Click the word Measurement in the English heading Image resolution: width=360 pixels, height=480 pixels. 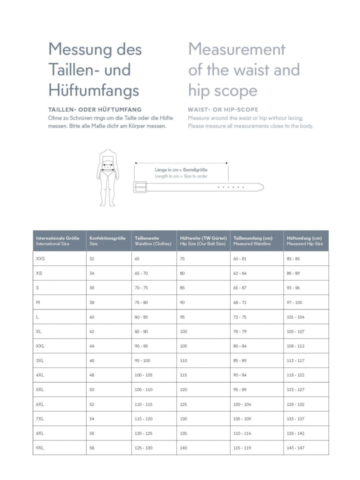pos(236,49)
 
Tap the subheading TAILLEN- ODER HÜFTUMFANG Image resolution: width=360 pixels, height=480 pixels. pos(95,109)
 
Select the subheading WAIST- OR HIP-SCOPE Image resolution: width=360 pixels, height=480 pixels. pos(223,109)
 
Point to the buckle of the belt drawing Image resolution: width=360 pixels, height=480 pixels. pos(139,187)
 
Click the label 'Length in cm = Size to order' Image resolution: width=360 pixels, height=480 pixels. pos(181,176)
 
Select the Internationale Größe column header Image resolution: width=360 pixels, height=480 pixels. pos(58,240)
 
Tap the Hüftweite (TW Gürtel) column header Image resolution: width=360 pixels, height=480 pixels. pos(203,240)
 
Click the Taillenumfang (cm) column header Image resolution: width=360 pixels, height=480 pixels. pos(253,240)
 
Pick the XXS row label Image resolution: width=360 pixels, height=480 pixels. pos(40,258)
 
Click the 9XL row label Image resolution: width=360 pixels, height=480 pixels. pos(40,447)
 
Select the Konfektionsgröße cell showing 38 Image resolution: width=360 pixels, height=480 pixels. pos(92,302)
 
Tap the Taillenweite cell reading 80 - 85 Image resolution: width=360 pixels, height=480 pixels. pos(141,316)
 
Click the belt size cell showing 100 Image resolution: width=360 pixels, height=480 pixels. pos(183,331)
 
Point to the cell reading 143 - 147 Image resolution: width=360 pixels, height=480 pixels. pos(295,447)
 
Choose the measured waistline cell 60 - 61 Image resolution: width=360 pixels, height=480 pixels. pos(240,258)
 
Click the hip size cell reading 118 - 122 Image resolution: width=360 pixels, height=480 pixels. pos(295,375)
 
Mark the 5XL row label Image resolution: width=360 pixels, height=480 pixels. pos(40,389)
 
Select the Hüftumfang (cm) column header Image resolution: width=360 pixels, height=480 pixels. pos(304,240)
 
